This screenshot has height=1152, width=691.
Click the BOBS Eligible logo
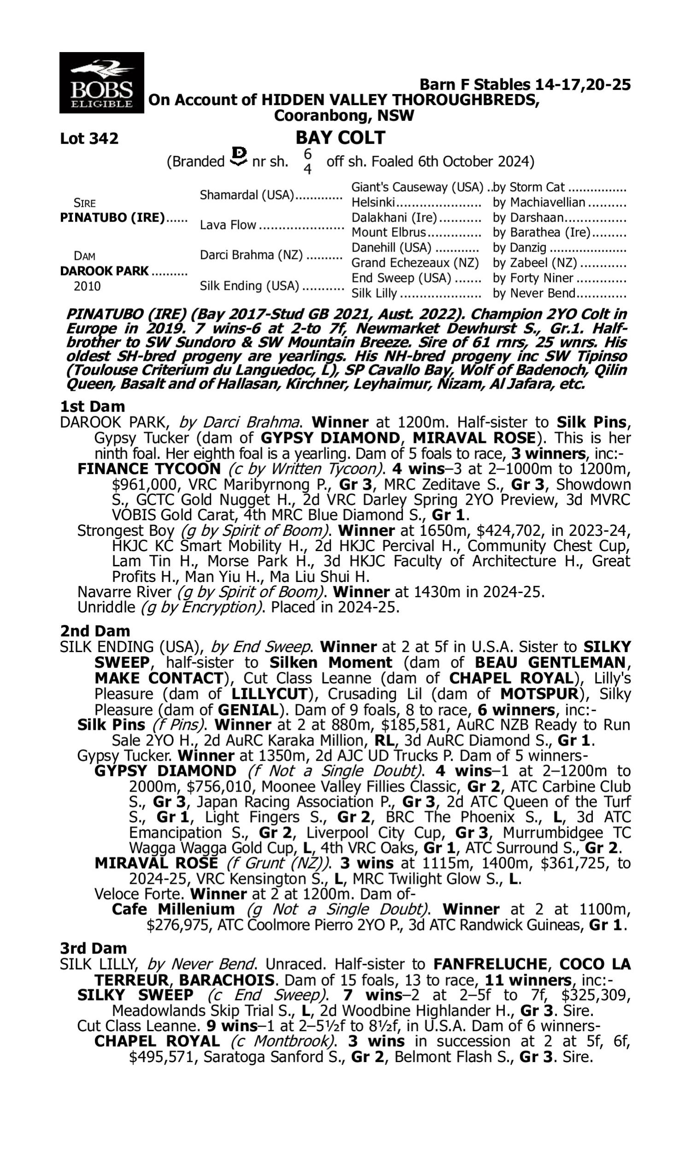coord(101,82)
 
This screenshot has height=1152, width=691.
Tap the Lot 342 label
coord(89,138)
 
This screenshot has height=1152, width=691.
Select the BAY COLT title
coord(340,137)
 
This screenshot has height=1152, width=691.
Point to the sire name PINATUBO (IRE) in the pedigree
coord(112,218)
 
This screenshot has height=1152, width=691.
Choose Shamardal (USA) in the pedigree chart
coord(247,195)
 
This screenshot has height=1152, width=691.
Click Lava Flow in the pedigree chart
coord(228,225)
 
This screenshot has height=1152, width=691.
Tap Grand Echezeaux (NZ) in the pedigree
coord(415,263)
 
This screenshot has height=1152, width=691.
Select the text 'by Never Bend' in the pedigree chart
coord(534,294)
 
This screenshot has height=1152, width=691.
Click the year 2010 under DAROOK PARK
coord(87,286)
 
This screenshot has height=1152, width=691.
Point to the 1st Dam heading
coord(93,406)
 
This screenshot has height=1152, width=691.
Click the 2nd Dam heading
coord(95,631)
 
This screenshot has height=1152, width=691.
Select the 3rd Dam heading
coord(93,948)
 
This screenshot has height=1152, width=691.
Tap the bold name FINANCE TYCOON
coord(149,469)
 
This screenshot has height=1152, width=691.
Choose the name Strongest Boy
coord(126,531)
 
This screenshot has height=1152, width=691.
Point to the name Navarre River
coord(124,592)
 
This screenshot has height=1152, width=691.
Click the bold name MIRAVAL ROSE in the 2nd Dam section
coord(156,863)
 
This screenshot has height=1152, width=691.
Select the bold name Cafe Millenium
coord(173,910)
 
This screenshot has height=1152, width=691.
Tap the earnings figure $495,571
coord(164,1057)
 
